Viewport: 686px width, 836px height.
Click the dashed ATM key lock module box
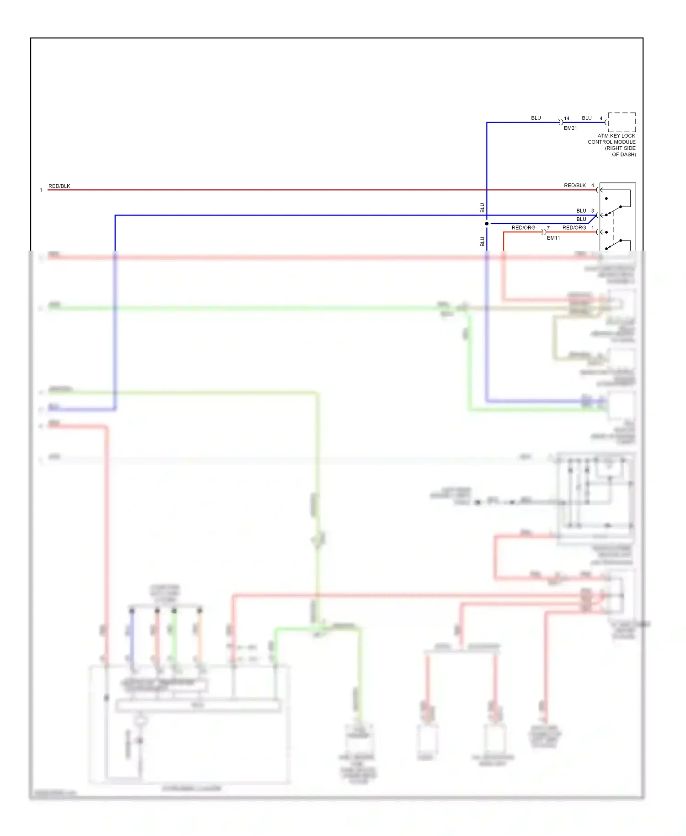click(x=622, y=122)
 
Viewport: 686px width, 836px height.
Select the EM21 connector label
click(x=570, y=129)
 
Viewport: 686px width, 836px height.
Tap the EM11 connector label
click(x=553, y=238)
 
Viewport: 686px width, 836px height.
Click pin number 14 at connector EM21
click(x=567, y=118)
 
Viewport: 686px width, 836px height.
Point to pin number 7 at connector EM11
click(x=548, y=228)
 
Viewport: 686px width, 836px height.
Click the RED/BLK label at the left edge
click(x=59, y=186)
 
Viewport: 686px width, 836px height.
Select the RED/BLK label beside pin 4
click(x=574, y=186)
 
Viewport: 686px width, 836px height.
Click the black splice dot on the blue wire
click(x=487, y=224)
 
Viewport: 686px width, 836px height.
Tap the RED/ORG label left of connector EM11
click(x=523, y=228)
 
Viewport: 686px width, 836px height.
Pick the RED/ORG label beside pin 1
click(x=574, y=228)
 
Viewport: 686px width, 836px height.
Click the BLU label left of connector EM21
click(x=536, y=118)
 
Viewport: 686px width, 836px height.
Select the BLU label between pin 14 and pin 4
click(x=587, y=118)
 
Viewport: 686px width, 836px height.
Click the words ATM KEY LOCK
click(x=616, y=136)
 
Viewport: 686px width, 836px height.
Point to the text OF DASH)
click(x=624, y=155)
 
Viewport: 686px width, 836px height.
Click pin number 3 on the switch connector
click(x=592, y=211)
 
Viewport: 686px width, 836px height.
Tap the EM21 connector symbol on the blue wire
click(x=561, y=123)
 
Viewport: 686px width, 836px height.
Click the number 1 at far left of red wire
click(x=41, y=190)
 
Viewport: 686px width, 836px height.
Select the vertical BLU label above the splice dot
click(x=482, y=208)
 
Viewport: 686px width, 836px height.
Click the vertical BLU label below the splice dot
click(x=482, y=241)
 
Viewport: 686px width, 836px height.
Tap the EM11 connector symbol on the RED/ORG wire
click(x=544, y=232)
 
